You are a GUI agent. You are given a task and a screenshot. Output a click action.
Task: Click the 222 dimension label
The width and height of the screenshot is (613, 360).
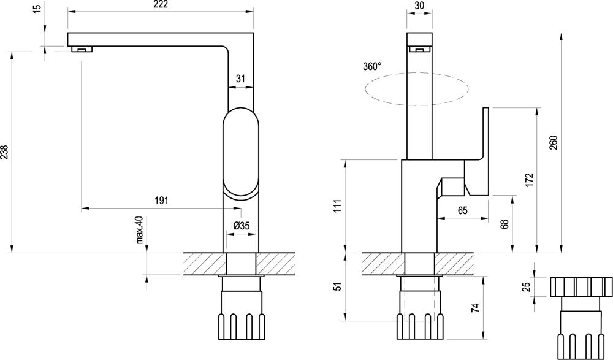click(x=159, y=5)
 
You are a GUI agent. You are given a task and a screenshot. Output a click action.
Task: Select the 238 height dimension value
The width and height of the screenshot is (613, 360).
click(x=5, y=151)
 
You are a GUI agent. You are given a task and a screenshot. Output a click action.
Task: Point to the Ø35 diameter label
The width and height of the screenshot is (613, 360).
click(x=242, y=226)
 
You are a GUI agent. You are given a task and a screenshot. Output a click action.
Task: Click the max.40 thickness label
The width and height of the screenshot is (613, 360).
click(x=140, y=230)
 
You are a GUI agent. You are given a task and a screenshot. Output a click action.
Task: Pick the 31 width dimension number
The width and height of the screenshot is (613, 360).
click(x=240, y=78)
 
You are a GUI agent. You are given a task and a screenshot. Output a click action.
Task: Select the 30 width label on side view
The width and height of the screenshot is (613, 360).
click(x=420, y=5)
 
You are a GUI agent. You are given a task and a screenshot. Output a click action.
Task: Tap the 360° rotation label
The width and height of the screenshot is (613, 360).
click(x=371, y=67)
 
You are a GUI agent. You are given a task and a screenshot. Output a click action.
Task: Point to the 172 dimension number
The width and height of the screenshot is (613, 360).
click(x=530, y=179)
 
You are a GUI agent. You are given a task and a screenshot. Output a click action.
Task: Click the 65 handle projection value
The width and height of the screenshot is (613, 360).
click(x=462, y=210)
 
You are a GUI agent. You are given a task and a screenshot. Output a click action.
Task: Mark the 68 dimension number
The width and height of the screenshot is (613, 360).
click(x=504, y=223)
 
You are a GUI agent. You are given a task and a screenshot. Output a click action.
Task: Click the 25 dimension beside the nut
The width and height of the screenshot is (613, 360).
click(x=526, y=286)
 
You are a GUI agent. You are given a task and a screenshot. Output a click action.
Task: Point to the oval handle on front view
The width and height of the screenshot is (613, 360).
click(x=240, y=151)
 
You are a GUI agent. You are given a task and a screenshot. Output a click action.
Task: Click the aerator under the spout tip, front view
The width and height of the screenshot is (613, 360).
click(x=80, y=49)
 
